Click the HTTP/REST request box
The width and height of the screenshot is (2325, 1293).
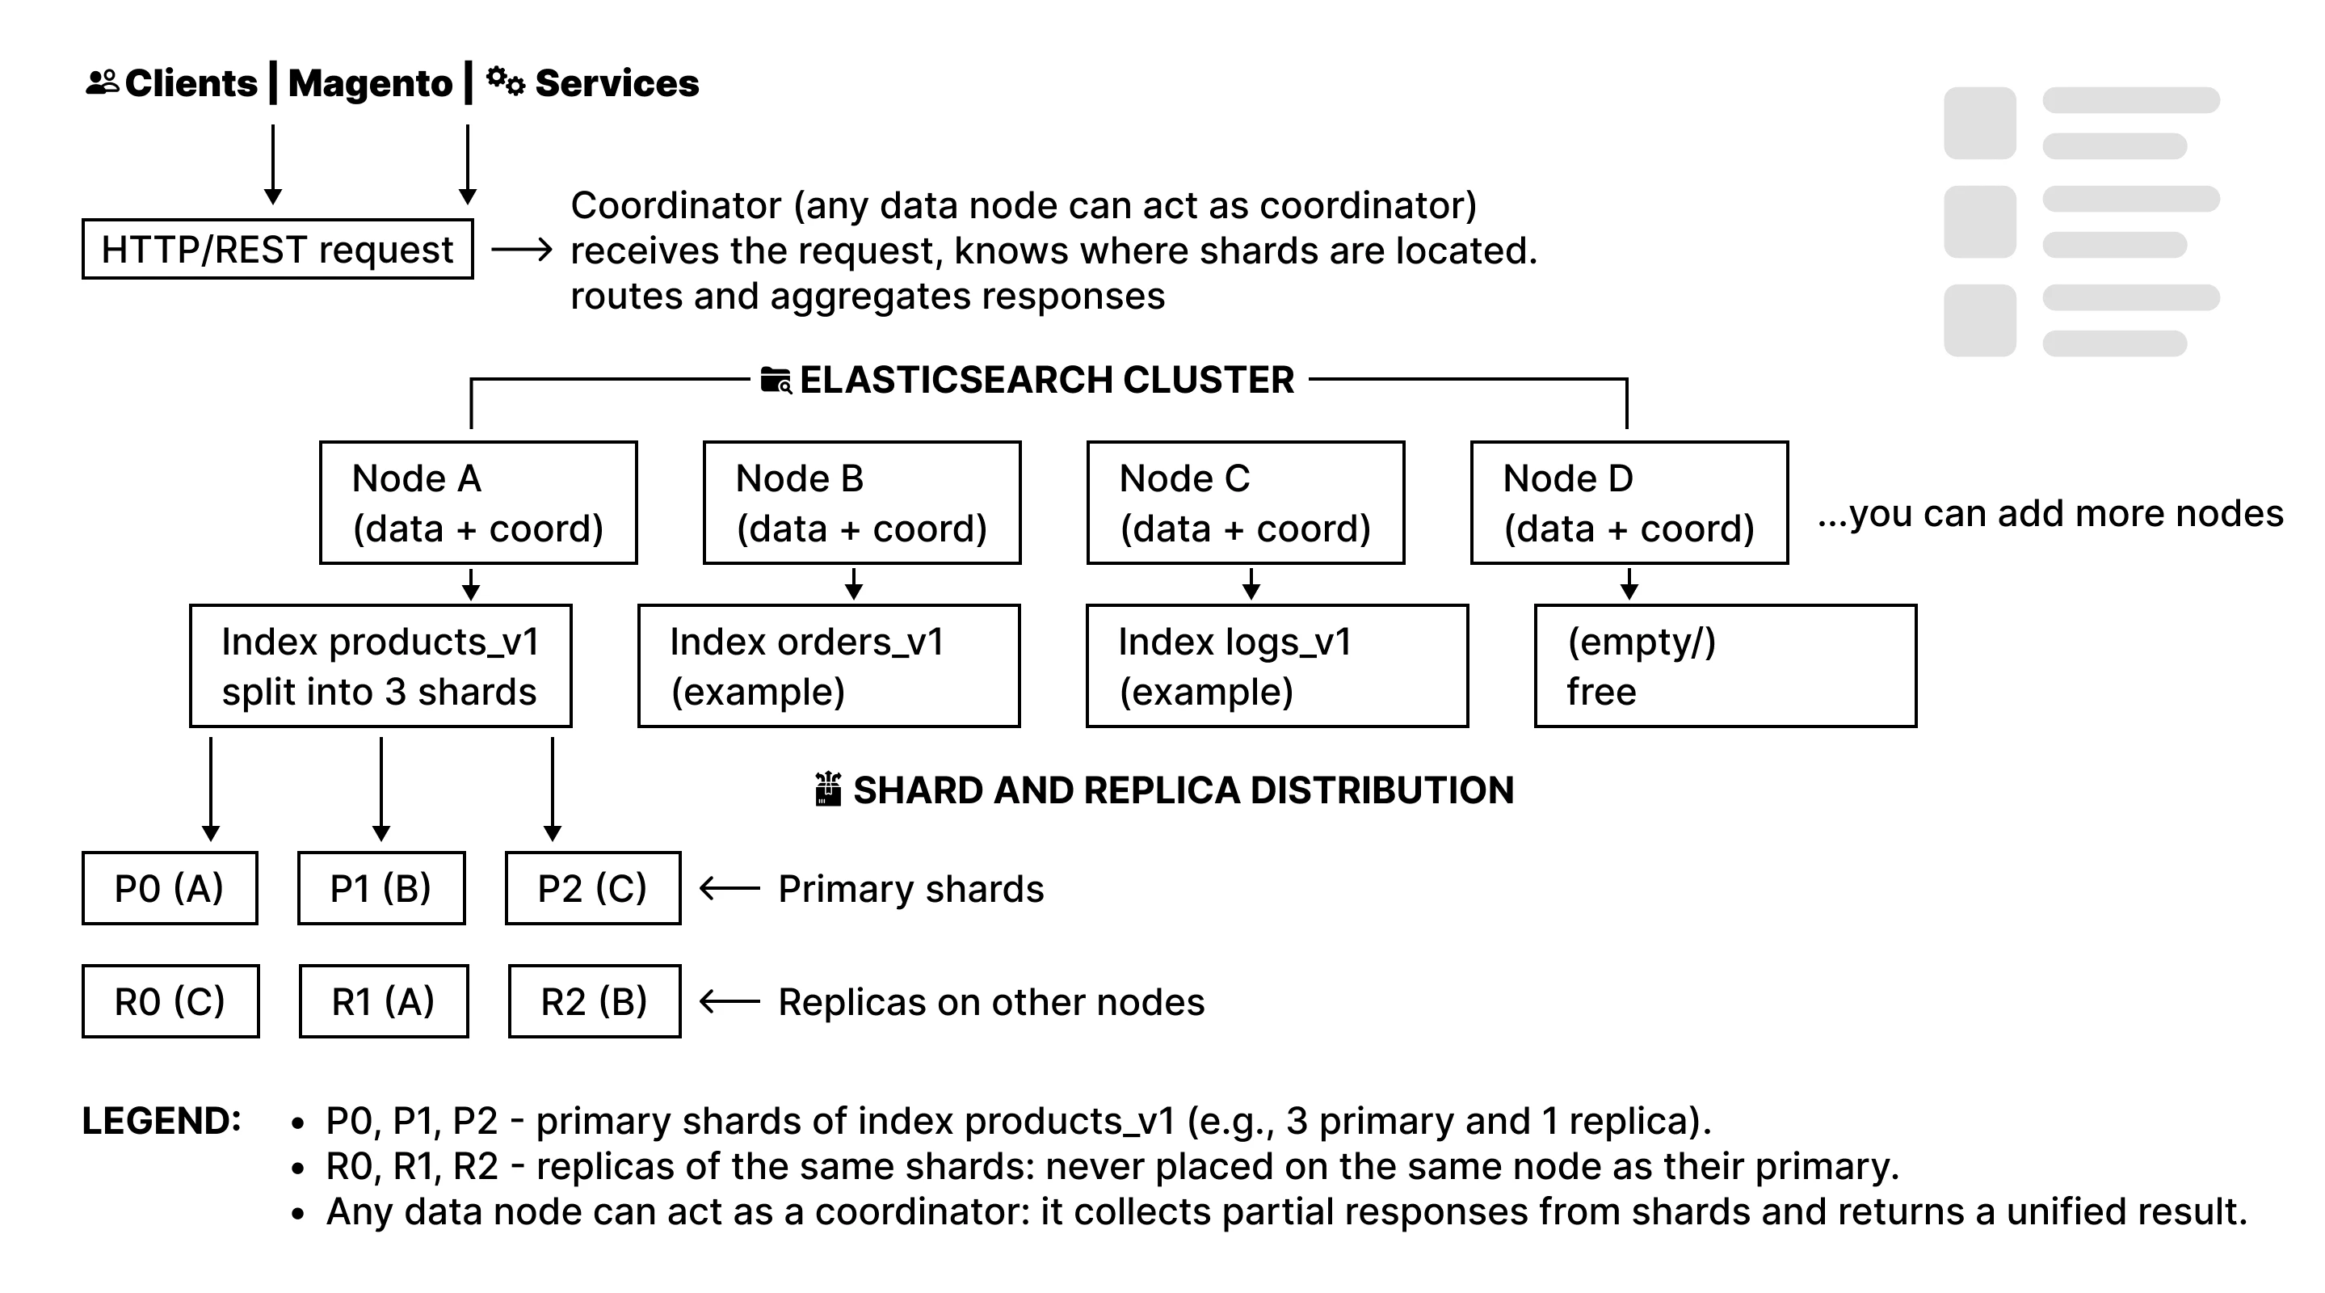pyautogui.click(x=277, y=249)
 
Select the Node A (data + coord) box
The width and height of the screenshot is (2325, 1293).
pyautogui.click(x=478, y=503)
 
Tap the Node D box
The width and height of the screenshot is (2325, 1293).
pyautogui.click(x=1629, y=503)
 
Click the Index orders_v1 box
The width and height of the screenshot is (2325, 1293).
pyautogui.click(x=829, y=667)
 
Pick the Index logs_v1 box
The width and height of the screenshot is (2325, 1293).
pyautogui.click(x=1277, y=667)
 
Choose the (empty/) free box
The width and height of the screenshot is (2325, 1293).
pyautogui.click(x=1725, y=667)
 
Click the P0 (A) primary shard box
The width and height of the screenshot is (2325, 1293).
pyautogui.click(x=170, y=888)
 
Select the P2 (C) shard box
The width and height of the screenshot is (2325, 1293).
pyautogui.click(x=593, y=888)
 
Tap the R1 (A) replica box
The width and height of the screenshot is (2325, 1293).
pyautogui.click(x=384, y=1001)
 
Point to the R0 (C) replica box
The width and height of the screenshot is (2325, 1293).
pyautogui.click(x=170, y=1001)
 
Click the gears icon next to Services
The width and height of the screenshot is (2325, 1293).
pyautogui.click(x=506, y=82)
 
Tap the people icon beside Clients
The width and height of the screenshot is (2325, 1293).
pyautogui.click(x=102, y=83)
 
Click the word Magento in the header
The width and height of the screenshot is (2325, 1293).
pyautogui.click(x=370, y=83)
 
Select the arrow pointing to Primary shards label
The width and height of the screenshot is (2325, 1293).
pyautogui.click(x=729, y=888)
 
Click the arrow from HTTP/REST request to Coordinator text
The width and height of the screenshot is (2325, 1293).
pyautogui.click(x=522, y=249)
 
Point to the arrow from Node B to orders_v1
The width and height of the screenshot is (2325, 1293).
pyautogui.click(x=854, y=583)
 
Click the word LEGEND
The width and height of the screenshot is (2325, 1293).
pyautogui.click(x=162, y=1121)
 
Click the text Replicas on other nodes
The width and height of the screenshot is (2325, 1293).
pyautogui.click(x=991, y=1002)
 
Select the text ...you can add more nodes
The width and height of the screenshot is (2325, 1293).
pyautogui.click(x=2050, y=513)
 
